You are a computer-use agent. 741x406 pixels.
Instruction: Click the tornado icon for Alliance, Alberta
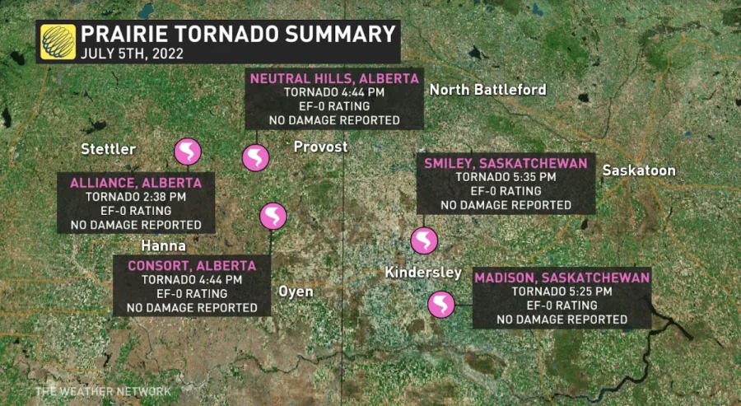pos(188,152)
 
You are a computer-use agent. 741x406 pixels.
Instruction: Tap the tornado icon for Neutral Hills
pos(254,157)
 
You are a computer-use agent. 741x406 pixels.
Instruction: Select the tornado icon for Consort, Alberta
pos(273,217)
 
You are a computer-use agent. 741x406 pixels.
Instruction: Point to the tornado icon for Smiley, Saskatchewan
pos(425,240)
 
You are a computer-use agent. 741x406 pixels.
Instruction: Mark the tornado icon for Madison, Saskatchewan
pos(441,305)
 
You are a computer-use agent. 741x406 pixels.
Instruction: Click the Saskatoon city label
pos(639,170)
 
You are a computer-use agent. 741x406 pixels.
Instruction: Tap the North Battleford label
pos(488,89)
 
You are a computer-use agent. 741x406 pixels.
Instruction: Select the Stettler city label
pos(108,148)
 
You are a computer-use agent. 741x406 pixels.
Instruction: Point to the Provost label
pos(321,147)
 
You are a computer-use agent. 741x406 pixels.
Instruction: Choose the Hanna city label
pos(163,246)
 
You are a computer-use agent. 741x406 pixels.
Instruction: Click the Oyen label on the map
pos(296,292)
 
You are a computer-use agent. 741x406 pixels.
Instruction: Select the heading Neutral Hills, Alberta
pos(334,78)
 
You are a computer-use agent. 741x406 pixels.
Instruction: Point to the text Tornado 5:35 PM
pos(506,177)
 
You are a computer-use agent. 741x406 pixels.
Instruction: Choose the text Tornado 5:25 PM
pos(562,291)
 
